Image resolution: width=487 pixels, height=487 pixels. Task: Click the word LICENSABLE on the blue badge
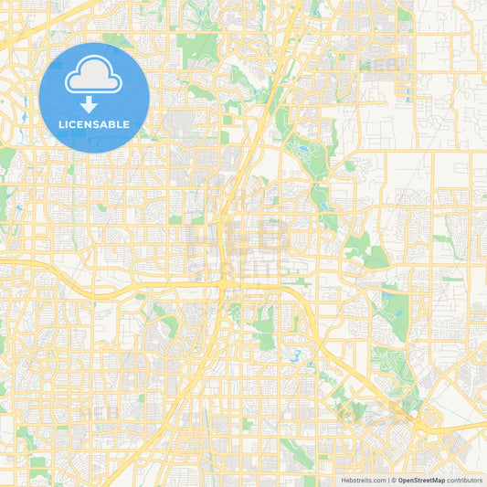[94, 124]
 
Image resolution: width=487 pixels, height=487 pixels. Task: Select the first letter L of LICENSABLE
[61, 124]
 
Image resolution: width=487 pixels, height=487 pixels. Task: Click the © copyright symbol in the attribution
[394, 480]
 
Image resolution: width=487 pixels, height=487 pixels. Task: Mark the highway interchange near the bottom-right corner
[421, 421]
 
